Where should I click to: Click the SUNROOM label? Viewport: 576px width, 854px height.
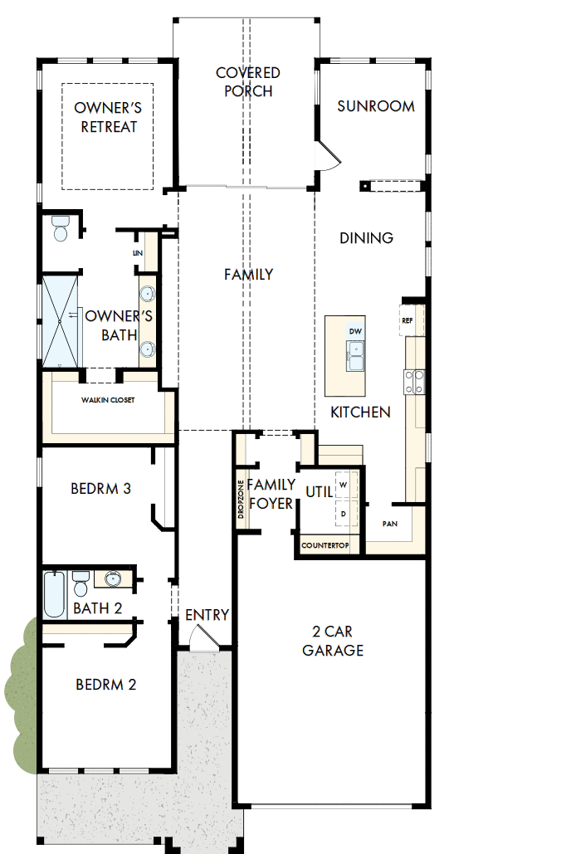click(x=376, y=106)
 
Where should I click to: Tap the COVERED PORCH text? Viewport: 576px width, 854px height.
click(x=248, y=82)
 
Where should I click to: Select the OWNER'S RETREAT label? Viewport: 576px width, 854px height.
click(x=108, y=117)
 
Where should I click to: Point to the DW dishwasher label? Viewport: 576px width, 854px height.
click(x=355, y=332)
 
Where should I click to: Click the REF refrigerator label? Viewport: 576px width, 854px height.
click(x=408, y=320)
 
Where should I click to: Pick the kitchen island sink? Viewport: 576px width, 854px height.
click(x=355, y=359)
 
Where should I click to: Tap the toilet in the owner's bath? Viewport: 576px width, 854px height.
click(x=60, y=228)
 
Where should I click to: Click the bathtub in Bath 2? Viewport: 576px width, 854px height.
click(x=55, y=594)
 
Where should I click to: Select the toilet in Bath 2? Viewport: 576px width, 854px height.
click(x=81, y=583)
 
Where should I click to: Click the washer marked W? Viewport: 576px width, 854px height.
click(x=342, y=484)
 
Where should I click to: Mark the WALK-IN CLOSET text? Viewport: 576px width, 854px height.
click(x=107, y=400)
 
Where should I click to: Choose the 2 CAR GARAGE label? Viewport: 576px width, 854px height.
click(x=332, y=641)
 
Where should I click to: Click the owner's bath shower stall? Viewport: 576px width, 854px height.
click(x=59, y=320)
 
